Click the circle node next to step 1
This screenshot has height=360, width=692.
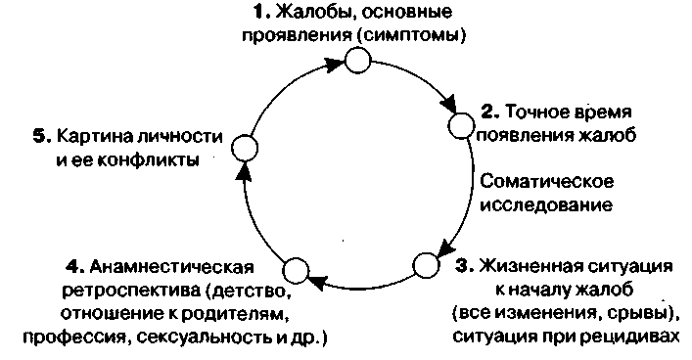pos(358,63)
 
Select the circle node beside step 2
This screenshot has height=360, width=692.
pos(461,124)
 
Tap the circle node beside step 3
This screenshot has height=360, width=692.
pos(427,265)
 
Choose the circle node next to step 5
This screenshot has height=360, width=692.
pos(247,148)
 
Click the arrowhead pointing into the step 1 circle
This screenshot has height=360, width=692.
pos(334,66)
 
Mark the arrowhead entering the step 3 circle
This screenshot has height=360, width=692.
pos(444,243)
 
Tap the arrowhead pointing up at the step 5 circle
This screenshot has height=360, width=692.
pos(245,172)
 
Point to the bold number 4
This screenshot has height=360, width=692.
pos(72,266)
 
